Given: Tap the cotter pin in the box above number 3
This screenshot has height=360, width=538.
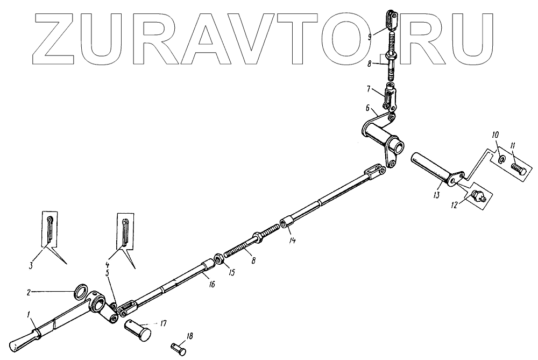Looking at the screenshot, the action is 49,229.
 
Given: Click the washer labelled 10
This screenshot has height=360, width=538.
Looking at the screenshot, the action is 501,160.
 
